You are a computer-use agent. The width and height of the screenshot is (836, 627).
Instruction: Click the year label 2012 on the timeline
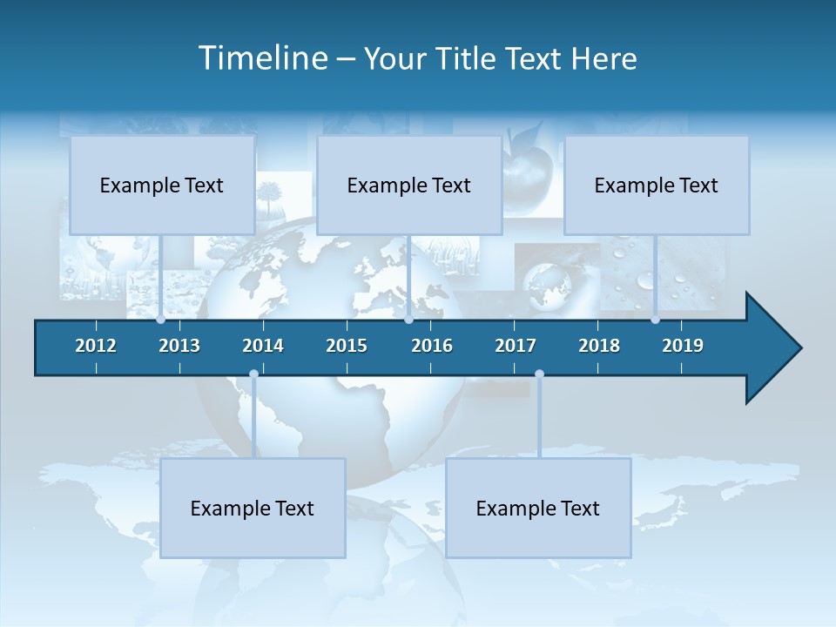tap(96, 346)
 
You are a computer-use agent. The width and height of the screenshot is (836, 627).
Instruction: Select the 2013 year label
tap(179, 346)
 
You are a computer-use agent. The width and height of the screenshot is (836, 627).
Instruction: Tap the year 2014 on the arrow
tap(263, 346)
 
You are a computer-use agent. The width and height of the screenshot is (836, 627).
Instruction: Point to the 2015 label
tap(347, 346)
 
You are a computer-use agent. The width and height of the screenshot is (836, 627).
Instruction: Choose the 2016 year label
tap(432, 346)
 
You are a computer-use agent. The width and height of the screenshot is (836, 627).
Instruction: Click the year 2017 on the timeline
tap(516, 346)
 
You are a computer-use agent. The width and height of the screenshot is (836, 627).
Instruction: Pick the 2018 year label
tap(599, 346)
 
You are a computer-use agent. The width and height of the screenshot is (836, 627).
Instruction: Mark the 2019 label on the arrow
tap(683, 346)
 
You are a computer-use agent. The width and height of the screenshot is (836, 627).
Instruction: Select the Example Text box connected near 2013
tap(162, 185)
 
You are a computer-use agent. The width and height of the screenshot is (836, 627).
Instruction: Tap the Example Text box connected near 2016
tap(409, 185)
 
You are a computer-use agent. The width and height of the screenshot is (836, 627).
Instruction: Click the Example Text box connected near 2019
tap(657, 185)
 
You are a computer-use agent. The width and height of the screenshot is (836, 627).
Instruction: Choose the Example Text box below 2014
tap(253, 508)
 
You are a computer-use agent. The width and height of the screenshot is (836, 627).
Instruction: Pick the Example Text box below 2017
tap(538, 508)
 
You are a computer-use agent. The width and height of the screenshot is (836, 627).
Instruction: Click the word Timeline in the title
tap(262, 58)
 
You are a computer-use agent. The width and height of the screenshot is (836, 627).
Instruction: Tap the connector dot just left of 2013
tap(160, 320)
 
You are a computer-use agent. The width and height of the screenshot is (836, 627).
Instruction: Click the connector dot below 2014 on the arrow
tap(253, 374)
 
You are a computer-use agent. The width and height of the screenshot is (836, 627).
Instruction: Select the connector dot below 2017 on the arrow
tap(539, 374)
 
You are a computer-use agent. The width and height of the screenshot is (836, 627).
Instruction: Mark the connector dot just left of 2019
tap(655, 320)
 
